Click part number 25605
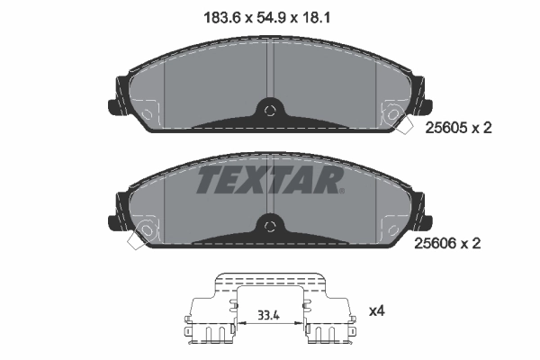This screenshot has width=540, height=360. coord(444,129)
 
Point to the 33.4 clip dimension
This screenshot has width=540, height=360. coord(269,315)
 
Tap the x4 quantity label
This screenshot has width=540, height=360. coord(376,311)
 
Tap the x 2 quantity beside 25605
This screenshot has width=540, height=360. coord(481,129)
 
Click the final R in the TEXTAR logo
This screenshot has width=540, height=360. coord(329,181)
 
